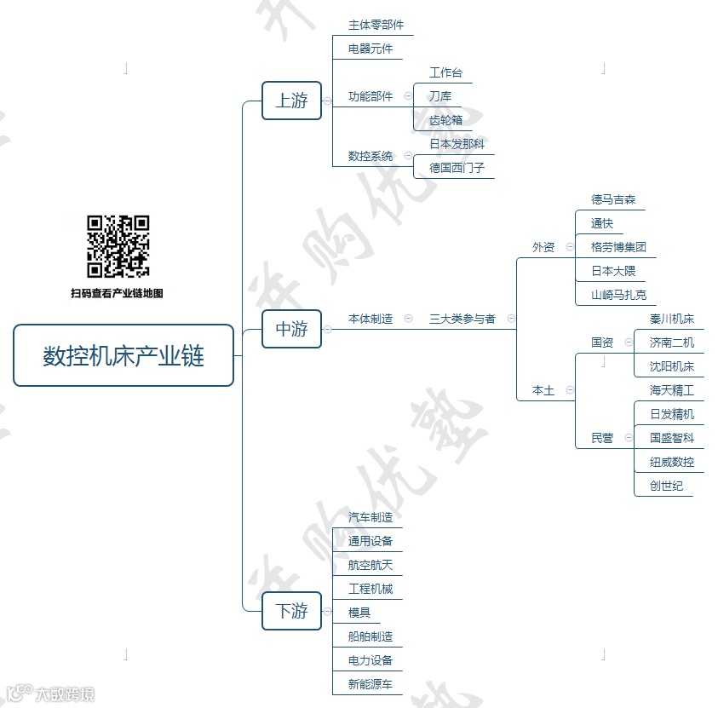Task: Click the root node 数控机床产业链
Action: [123, 355]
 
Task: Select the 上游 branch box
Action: [291, 101]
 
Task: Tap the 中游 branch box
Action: [291, 329]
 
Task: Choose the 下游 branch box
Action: [291, 611]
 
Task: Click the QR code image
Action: [118, 246]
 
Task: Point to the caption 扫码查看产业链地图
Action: [117, 293]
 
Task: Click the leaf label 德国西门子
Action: [457, 168]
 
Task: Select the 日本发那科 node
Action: [457, 144]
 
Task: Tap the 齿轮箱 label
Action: [445, 120]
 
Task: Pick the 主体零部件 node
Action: [376, 25]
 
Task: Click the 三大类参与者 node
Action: [462, 319]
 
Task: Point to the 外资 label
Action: [543, 247]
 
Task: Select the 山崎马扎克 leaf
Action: [618, 295]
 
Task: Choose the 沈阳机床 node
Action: [671, 366]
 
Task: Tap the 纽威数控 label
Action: [671, 462]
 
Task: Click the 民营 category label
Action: [602, 438]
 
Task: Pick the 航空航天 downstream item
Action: [370, 565]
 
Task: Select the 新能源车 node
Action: [370, 684]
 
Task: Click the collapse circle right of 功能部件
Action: [408, 97]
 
